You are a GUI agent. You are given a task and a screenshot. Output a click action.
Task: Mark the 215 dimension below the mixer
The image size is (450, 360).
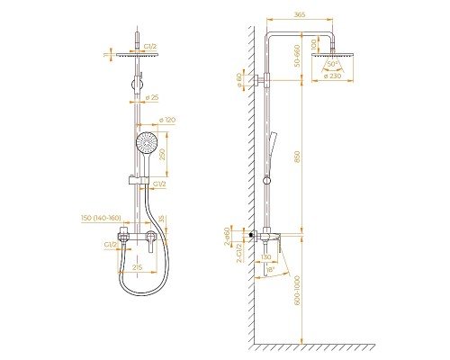click(x=138, y=268)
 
